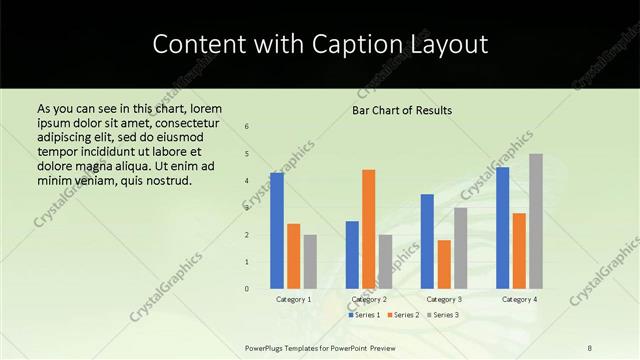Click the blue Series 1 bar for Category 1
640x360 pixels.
click(x=276, y=230)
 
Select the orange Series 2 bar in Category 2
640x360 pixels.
click(x=368, y=229)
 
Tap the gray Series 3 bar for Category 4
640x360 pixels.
click(x=536, y=221)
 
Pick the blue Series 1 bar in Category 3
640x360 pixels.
click(x=427, y=241)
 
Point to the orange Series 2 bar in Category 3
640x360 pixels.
click(x=444, y=264)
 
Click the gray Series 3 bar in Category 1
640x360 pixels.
click(x=310, y=261)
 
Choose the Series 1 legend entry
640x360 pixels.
click(x=364, y=315)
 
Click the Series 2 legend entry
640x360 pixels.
click(x=402, y=315)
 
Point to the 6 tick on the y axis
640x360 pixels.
click(x=247, y=127)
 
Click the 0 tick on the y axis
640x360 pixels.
click(x=247, y=289)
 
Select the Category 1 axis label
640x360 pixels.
click(x=293, y=299)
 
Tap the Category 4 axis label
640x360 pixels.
click(x=519, y=299)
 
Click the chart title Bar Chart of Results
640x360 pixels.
click(x=402, y=110)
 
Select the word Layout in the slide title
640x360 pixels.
click(x=446, y=45)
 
